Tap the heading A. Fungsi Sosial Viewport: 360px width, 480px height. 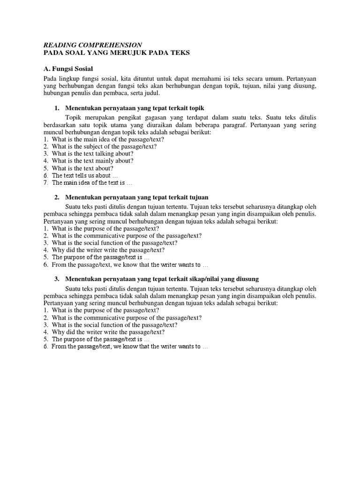68,68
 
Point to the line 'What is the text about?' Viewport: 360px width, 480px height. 82,168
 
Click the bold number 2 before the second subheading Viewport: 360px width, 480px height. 57,197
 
